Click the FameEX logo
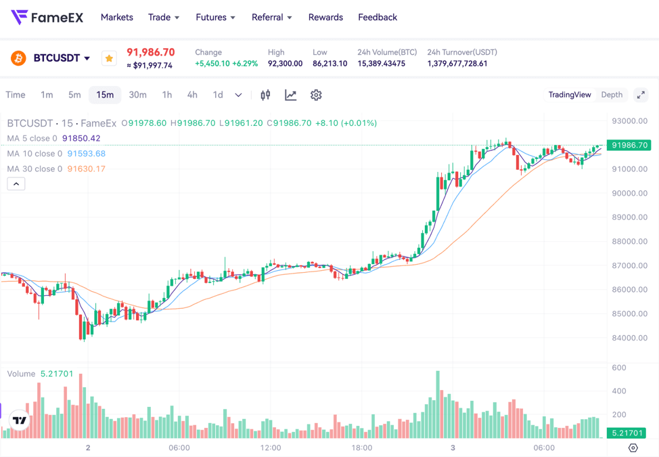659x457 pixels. [x=47, y=18]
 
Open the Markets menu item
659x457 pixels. [x=117, y=18]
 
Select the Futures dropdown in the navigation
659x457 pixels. [x=215, y=18]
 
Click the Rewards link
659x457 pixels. [x=325, y=18]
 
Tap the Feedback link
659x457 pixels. [x=378, y=18]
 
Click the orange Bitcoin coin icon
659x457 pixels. [x=18, y=58]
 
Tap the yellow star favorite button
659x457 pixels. [x=109, y=58]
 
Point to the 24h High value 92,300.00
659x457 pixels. [x=285, y=64]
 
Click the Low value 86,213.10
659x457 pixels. [x=329, y=64]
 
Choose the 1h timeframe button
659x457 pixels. [x=166, y=95]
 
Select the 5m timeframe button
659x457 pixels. [x=74, y=95]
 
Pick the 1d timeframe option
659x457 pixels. [x=217, y=95]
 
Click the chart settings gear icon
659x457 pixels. [x=316, y=95]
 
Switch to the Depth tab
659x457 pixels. [x=612, y=95]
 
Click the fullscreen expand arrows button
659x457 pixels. [x=641, y=95]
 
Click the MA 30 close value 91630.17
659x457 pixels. [x=86, y=169]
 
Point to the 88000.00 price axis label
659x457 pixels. [x=629, y=242]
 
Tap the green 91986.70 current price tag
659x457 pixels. [x=629, y=145]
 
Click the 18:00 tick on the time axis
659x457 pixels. [x=361, y=448]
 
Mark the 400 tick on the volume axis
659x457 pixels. [x=618, y=391]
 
